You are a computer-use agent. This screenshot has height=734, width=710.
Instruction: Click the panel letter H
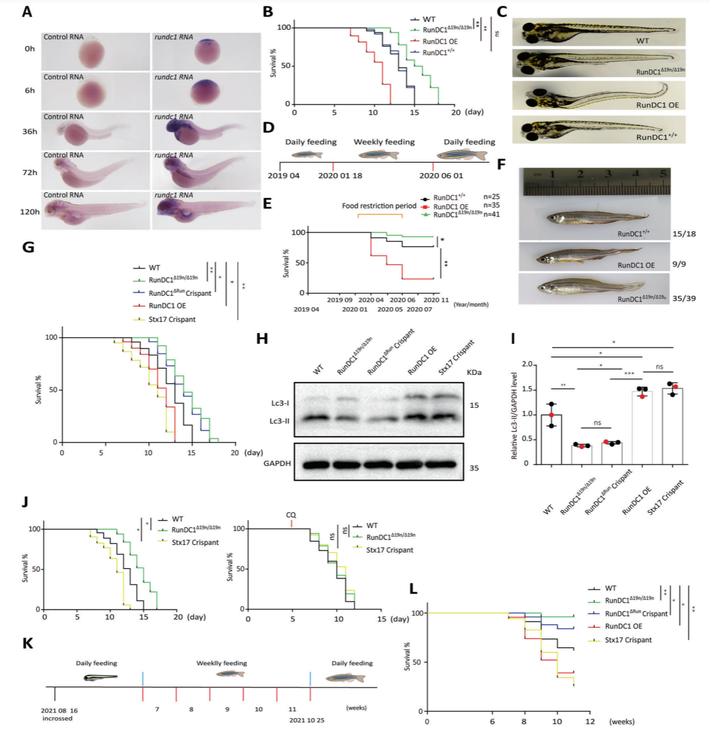tap(263, 338)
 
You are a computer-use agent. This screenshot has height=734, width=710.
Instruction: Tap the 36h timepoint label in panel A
tap(30, 132)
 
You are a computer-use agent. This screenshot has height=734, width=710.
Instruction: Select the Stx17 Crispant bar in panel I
tap(671, 425)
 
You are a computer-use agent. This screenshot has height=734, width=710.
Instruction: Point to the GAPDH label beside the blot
tap(277, 463)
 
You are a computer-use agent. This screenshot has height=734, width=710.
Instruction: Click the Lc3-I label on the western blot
tap(279, 403)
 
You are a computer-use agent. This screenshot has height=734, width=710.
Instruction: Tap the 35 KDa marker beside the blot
tap(474, 468)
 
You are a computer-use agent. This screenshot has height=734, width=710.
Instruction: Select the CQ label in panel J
tap(291, 515)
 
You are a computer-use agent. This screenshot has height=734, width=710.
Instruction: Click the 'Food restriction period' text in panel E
tap(379, 206)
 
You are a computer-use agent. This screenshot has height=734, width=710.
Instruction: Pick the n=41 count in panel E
tap(491, 214)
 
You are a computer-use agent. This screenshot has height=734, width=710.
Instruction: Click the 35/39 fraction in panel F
tap(683, 298)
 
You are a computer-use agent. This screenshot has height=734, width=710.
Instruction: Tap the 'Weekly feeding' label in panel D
tap(384, 142)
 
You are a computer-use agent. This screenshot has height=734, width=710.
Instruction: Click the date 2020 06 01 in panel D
tap(441, 176)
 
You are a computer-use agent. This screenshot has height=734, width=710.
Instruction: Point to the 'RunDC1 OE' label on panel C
tap(657, 105)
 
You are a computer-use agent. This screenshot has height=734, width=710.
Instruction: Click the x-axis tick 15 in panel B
tap(414, 113)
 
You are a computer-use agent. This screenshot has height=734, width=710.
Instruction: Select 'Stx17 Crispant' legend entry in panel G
tap(172, 319)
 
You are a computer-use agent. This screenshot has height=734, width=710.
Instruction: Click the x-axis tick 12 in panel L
tap(589, 721)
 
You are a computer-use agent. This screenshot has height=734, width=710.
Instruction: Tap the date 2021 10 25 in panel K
tap(307, 720)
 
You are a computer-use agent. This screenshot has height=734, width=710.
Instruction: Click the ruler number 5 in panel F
tap(663, 174)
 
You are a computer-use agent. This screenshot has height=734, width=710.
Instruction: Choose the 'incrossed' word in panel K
tap(58, 719)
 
